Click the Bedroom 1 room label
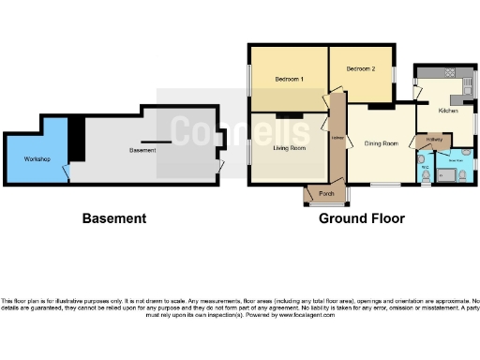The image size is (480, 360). (x=288, y=80)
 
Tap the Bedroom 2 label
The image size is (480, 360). (x=360, y=69)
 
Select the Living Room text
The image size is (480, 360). (x=289, y=148)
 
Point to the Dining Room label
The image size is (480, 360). (x=382, y=143)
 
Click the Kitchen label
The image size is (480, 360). (x=448, y=111)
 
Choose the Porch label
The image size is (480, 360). (x=326, y=194)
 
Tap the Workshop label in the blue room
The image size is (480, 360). (x=37, y=158)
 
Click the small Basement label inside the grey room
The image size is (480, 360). (x=142, y=150)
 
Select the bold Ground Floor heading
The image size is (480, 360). (x=362, y=218)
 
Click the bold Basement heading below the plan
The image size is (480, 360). (x=114, y=218)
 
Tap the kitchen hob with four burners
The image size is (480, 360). (x=448, y=73)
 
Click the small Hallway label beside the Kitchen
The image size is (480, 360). (x=433, y=141)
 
